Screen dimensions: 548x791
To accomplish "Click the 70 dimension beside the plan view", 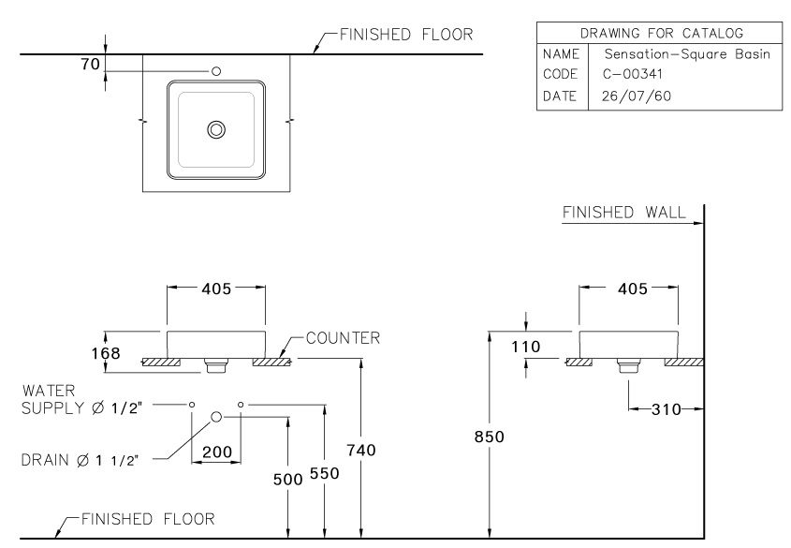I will [x=90, y=64].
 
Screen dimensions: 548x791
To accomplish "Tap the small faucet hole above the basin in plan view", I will [x=216, y=71].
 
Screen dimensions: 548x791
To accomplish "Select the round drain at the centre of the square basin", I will [x=216, y=129].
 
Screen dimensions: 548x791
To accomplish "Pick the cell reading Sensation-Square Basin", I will [x=686, y=54].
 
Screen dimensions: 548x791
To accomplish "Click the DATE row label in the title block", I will [x=560, y=96].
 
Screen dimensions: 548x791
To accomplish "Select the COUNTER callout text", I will [x=342, y=338].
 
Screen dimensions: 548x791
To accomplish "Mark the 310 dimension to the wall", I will [x=666, y=409].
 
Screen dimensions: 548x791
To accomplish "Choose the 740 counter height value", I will [x=360, y=451].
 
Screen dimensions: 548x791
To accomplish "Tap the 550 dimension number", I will [x=324, y=475].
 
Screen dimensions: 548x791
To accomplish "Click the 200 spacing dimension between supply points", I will [x=216, y=452].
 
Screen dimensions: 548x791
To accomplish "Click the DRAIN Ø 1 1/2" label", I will [x=80, y=459].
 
